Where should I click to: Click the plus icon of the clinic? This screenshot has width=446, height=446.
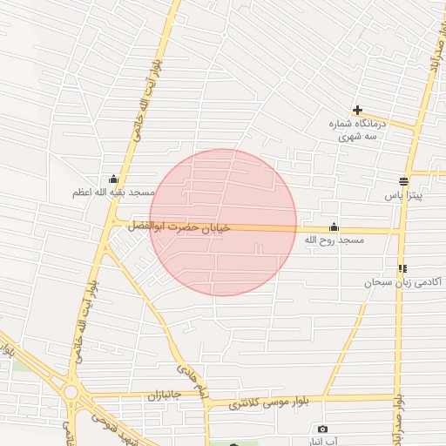[x=357, y=110]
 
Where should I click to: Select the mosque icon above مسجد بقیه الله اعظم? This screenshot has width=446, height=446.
[x=113, y=179]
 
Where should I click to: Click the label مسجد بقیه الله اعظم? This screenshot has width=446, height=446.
[x=113, y=193]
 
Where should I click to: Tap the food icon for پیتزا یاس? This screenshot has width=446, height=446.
[x=403, y=181]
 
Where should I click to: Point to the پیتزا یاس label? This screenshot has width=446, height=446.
[x=404, y=196]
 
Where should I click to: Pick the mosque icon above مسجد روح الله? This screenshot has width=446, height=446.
[x=334, y=227]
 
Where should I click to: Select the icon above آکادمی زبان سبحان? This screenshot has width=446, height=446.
[x=402, y=268]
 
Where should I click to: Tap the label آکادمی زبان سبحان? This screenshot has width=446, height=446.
[x=403, y=282]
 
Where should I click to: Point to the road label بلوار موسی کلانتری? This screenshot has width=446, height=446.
[x=274, y=402]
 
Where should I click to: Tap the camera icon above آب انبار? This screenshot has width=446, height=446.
[x=323, y=429]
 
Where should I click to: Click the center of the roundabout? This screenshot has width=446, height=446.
[x=72, y=393]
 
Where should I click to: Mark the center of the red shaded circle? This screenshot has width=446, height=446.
[x=223, y=222]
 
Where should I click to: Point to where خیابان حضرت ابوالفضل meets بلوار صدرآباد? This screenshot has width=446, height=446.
[x=402, y=231]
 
